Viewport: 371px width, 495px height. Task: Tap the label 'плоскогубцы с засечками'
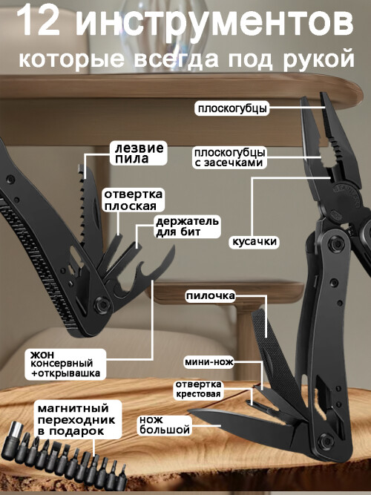229,157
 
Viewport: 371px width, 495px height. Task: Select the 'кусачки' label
255,241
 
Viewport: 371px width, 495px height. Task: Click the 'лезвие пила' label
139,153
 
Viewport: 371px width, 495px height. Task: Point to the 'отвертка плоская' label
134,200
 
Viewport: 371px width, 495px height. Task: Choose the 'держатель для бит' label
187,226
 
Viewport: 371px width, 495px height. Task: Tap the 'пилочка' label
210,296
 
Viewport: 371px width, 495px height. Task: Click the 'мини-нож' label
209,362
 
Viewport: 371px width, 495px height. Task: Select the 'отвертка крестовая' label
198,389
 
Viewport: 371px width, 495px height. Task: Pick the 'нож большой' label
165,425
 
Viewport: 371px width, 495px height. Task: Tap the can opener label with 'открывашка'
65,364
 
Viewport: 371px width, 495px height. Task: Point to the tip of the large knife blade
188,410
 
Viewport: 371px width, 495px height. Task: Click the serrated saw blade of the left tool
89,212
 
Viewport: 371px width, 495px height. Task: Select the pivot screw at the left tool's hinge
102,304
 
